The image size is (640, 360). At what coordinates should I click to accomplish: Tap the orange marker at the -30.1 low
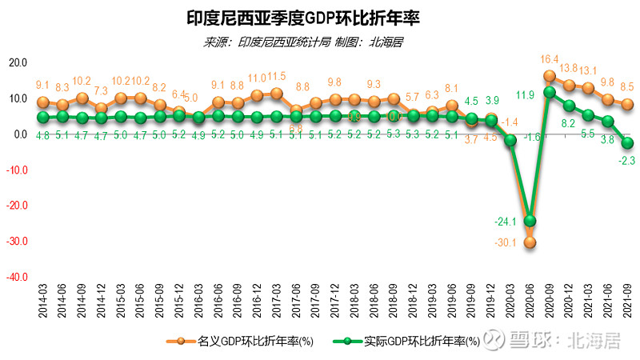530,242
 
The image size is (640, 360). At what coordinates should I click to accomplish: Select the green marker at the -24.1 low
530,221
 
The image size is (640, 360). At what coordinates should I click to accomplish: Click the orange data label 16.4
550,59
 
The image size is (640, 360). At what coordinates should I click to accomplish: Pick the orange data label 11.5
276,77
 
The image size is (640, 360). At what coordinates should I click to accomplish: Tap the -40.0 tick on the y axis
18,277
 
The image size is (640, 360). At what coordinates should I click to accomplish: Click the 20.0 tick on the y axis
18,63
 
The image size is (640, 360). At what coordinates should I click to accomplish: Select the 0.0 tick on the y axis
21,134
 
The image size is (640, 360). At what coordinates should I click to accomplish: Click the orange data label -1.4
509,122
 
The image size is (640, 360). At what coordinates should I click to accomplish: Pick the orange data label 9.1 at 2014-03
43,85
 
